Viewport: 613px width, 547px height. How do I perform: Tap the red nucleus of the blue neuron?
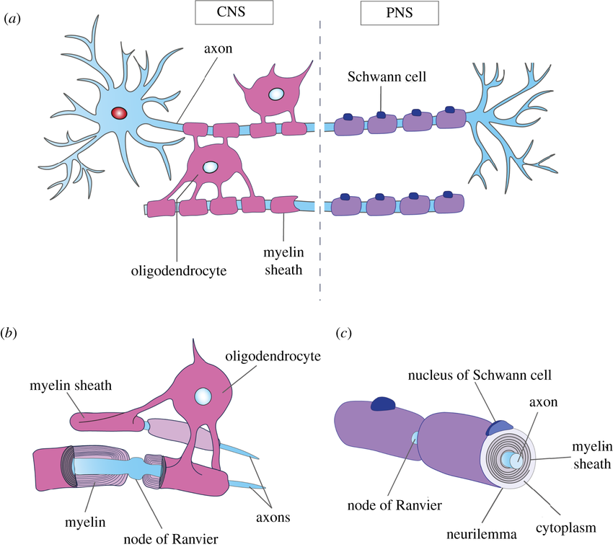[119, 113]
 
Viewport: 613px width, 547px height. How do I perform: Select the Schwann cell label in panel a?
[387, 76]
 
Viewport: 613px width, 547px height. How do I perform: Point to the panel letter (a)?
[12, 19]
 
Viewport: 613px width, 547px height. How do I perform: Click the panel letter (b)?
[9, 333]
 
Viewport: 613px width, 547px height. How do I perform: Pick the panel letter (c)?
[343, 333]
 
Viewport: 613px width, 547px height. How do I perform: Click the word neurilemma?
[481, 534]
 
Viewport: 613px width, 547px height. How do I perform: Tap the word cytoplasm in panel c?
[565, 528]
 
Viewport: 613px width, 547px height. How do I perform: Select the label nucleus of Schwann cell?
[480, 375]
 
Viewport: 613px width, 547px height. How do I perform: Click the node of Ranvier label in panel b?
[171, 539]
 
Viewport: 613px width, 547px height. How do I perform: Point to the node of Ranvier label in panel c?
[394, 505]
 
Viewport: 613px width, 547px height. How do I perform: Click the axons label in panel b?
[273, 517]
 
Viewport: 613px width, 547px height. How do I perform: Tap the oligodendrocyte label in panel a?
[179, 270]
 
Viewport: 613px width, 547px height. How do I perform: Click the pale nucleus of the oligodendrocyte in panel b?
[203, 396]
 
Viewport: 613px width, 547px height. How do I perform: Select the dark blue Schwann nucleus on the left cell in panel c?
[382, 404]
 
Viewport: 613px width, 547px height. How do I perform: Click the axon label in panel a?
[218, 48]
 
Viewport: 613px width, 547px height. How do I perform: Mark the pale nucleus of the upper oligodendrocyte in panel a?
[276, 94]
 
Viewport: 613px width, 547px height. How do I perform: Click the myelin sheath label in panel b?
[71, 386]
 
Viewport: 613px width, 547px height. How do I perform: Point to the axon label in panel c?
[544, 402]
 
